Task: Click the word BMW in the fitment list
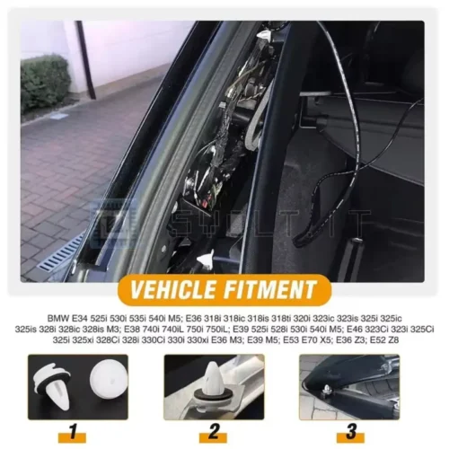tap(58, 318)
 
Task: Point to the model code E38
tap(132, 329)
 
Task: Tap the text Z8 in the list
tap(394, 340)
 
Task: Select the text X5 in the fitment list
tap(325, 340)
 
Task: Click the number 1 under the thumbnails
tap(73, 432)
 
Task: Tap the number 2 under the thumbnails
tap(214, 432)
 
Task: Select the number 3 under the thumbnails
tap(350, 432)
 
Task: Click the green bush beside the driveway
tap(45, 84)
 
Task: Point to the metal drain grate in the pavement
tap(61, 253)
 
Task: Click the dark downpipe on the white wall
tap(85, 60)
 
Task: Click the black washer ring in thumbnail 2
tap(213, 394)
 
